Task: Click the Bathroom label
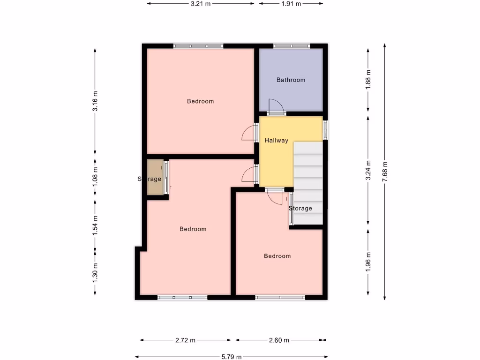[291, 80]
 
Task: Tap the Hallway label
[276, 140]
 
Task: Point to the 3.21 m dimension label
[201, 3]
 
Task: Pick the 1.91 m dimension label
[291, 3]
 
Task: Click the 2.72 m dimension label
[185, 340]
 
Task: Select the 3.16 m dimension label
[95, 102]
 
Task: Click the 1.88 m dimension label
[368, 79]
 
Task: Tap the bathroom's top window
[292, 46]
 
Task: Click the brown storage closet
[154, 177]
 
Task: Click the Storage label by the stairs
[300, 208]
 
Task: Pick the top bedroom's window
[198, 46]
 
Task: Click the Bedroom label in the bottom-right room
[277, 256]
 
